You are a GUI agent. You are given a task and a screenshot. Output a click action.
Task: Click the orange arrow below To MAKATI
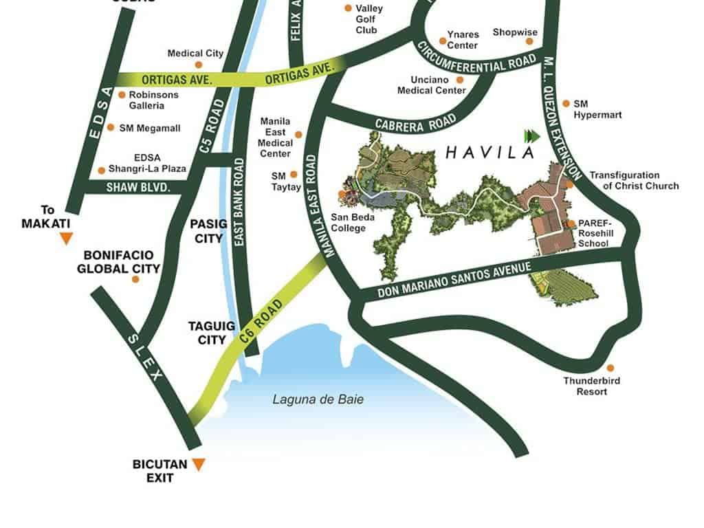[x=66, y=239]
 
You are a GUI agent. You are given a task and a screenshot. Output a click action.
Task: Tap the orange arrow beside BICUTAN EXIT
[x=199, y=465]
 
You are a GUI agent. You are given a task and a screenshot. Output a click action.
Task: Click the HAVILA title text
[x=489, y=152]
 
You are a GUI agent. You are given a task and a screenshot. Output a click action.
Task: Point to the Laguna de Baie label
[x=318, y=399]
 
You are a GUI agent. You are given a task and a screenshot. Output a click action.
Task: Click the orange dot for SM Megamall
[x=111, y=127]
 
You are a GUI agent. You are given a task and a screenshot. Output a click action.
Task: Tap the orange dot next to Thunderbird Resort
[x=610, y=368]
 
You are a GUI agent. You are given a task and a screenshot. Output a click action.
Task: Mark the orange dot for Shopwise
[x=530, y=41]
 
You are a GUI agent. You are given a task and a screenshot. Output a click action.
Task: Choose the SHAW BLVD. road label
[x=138, y=187]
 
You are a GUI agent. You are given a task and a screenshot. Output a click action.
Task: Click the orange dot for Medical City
[x=199, y=65]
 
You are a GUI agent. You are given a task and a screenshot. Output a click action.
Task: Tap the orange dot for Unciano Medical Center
[x=460, y=80]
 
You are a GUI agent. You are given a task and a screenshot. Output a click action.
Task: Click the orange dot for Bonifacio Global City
[x=135, y=279]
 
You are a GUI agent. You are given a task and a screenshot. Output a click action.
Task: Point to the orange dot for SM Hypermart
[x=566, y=103]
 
